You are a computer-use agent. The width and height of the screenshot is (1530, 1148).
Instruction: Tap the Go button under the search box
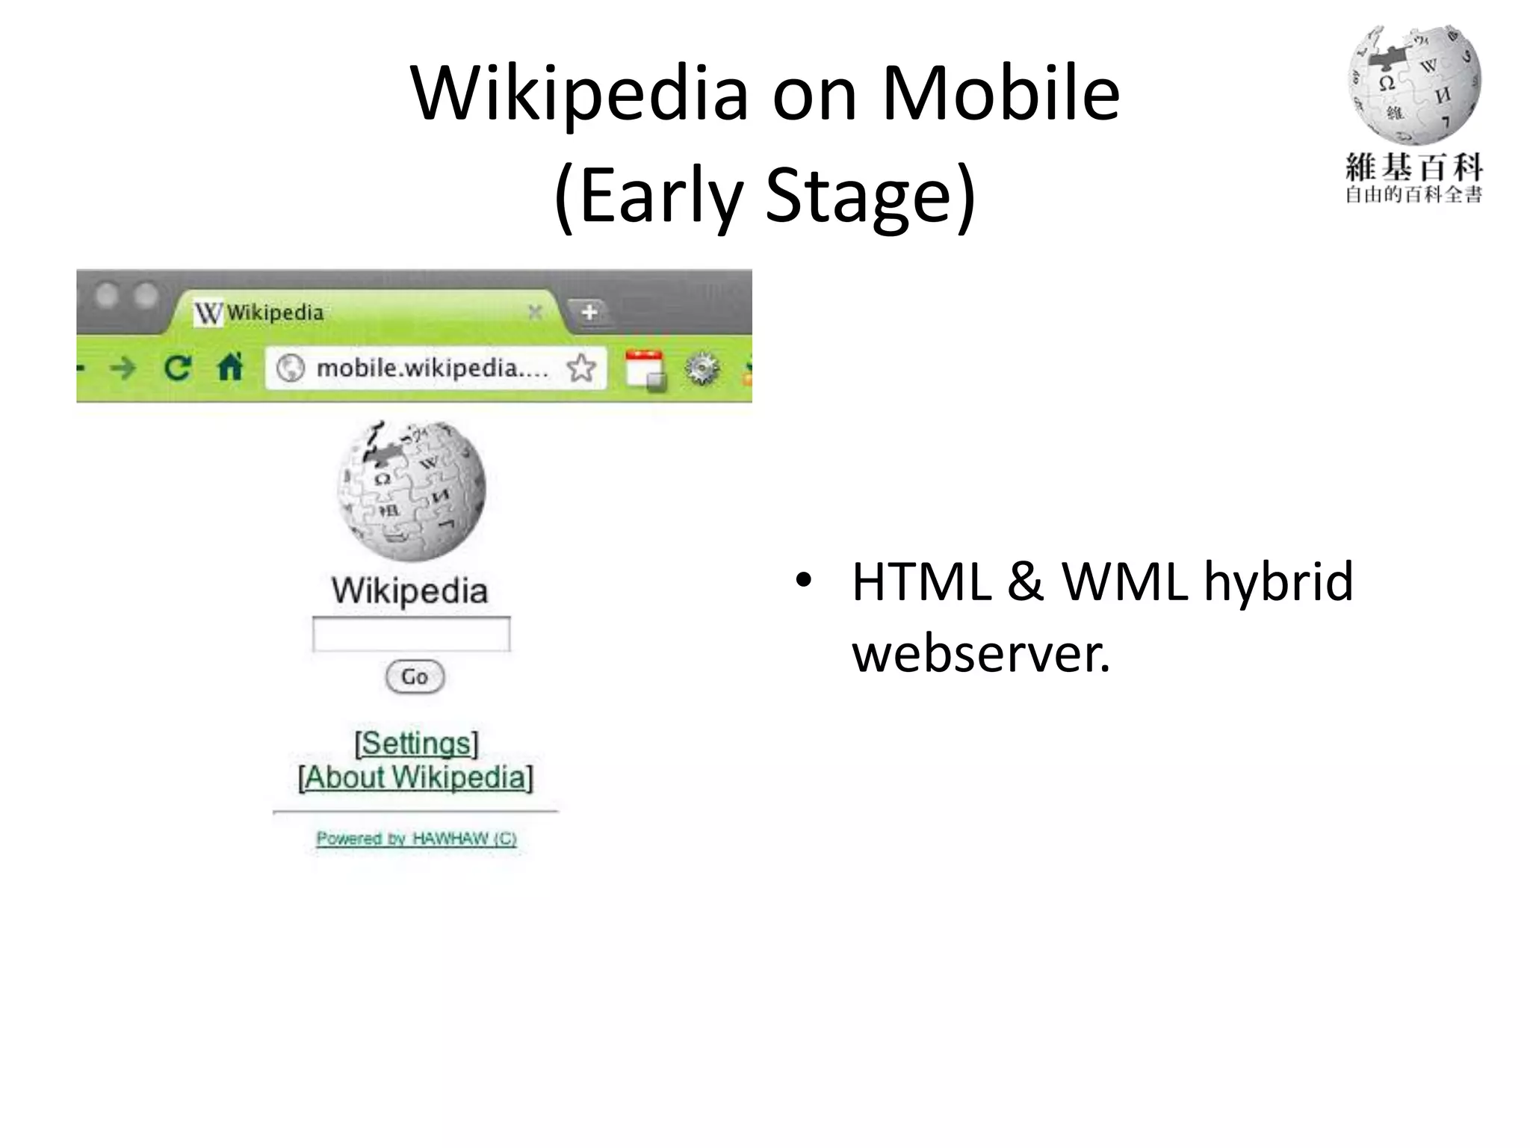[x=415, y=676]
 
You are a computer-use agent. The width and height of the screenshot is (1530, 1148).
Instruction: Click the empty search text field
[x=411, y=635]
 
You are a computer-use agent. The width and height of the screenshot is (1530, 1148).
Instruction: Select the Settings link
[x=416, y=743]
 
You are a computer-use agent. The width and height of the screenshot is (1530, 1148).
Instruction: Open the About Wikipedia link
[x=415, y=777]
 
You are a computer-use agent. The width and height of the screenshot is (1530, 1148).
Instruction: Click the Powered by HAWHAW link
[x=416, y=839]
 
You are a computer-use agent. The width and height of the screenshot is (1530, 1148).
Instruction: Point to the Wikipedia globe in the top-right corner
[x=1413, y=84]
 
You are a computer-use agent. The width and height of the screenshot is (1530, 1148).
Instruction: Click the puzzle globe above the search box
[x=412, y=489]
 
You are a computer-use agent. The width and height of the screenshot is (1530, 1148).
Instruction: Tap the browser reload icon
[x=178, y=368]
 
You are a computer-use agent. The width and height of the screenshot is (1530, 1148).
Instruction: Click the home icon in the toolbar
[x=230, y=368]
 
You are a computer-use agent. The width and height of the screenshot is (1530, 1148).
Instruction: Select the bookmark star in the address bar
[x=581, y=368]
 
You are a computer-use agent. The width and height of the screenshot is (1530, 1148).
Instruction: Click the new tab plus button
[x=589, y=312]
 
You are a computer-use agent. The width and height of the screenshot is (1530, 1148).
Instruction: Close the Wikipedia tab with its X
[x=535, y=312]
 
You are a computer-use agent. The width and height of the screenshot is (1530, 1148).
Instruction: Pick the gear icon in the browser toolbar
[x=702, y=368]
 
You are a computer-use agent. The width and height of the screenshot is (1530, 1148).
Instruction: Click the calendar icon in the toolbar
[x=644, y=368]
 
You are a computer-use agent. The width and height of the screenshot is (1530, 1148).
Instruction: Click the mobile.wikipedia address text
[x=431, y=368]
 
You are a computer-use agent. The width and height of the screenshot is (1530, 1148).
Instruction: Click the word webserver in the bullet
[x=981, y=652]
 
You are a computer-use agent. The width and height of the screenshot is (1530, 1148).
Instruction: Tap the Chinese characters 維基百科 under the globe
[x=1413, y=167]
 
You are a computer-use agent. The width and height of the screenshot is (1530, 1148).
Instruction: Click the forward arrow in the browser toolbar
[x=123, y=368]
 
